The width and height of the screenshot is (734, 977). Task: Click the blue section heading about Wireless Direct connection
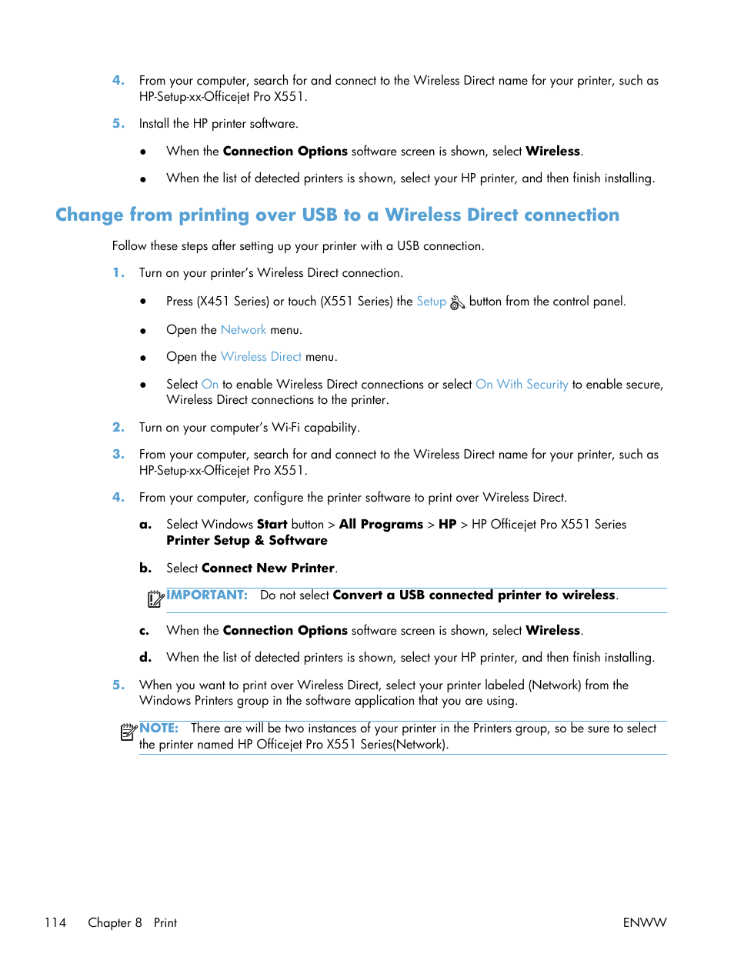[x=337, y=215]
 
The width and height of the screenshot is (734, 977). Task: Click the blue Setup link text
[x=431, y=302]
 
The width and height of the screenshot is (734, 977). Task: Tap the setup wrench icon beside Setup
[x=457, y=302]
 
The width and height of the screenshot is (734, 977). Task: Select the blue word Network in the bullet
[x=243, y=330]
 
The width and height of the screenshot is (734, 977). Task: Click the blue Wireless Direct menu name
[x=261, y=357]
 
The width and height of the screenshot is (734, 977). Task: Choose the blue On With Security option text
[x=522, y=385]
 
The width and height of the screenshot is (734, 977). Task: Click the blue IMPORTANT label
[x=207, y=595]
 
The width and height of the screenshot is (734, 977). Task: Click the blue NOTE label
[x=158, y=729]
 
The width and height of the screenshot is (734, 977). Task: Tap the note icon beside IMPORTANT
[x=155, y=599]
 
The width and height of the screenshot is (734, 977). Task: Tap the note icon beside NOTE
[x=128, y=732]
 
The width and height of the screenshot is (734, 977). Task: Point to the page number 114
[x=55, y=922]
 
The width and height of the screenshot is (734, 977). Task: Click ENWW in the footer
[x=644, y=922]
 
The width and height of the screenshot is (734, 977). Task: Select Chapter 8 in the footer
[x=115, y=922]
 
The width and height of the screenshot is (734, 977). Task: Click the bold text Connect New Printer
[x=268, y=569]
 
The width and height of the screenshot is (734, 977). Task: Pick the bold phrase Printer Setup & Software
[x=247, y=541]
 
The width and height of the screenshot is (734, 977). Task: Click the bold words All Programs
[x=381, y=525]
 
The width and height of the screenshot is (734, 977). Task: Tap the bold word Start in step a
[x=272, y=525]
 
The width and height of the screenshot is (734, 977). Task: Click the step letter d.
[x=145, y=658]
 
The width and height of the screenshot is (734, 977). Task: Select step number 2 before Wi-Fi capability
[x=118, y=428]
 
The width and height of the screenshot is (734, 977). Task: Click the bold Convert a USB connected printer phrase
[x=474, y=595]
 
